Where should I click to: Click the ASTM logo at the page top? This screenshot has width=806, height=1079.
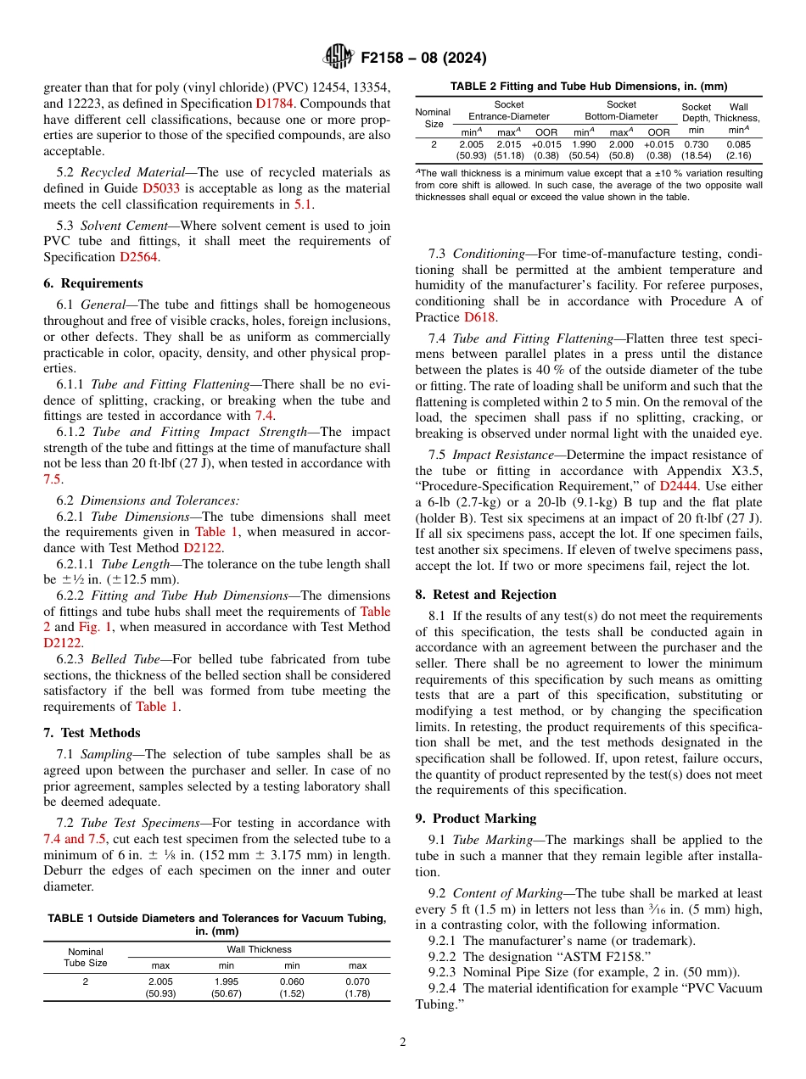click(x=339, y=58)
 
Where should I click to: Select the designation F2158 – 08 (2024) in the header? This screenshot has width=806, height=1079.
click(x=423, y=59)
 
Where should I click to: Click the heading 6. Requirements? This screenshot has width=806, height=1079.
click(x=92, y=283)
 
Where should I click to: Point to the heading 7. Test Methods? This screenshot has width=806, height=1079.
click(x=92, y=733)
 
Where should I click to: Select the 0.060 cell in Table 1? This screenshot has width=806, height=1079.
click(x=292, y=981)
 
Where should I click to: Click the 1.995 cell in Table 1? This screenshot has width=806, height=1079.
click(x=227, y=981)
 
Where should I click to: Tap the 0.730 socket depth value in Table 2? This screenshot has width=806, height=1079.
click(x=697, y=144)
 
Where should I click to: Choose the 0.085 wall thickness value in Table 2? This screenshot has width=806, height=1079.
click(x=738, y=144)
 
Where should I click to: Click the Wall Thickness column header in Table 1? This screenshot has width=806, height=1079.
click(x=259, y=949)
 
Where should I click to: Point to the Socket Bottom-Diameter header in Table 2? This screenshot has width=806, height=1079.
click(x=621, y=110)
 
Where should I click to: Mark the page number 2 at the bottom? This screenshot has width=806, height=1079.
click(x=403, y=1043)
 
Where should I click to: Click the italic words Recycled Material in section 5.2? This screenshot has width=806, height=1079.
click(x=126, y=172)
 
